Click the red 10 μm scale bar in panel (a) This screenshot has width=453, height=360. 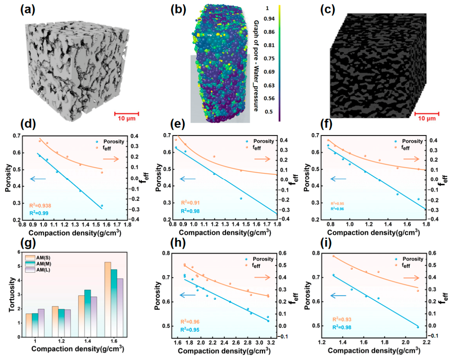(126, 114)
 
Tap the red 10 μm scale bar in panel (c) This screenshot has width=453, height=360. (427, 114)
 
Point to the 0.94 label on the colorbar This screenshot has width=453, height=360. (269, 19)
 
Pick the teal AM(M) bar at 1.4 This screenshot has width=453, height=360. (87, 313)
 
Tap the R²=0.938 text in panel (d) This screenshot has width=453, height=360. (40, 206)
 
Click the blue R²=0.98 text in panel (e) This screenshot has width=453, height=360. (190, 211)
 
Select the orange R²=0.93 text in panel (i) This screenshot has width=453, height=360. (342, 319)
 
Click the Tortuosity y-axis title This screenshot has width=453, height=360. (12, 295)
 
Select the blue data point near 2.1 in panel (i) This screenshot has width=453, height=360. (418, 327)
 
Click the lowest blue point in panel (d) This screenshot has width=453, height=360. (102, 206)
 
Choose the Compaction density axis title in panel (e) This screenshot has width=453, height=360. (225, 232)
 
